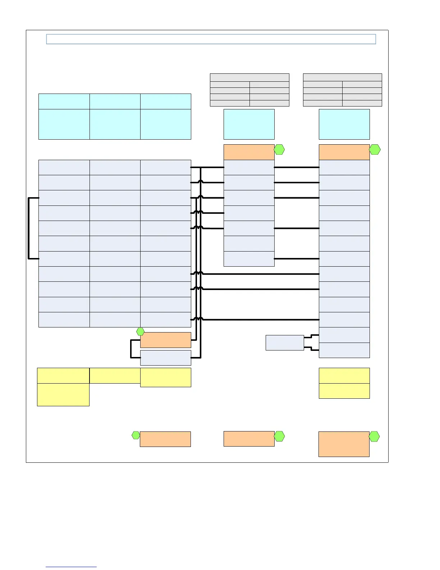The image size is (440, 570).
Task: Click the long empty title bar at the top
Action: pyautogui.click(x=211, y=39)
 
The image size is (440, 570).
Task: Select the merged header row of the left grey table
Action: pyautogui.click(x=249, y=77)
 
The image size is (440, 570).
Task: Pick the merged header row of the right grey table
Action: pyautogui.click(x=342, y=77)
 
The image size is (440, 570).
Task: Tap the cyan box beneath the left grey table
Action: pyautogui.click(x=249, y=124)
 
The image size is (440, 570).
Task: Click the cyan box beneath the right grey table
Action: pyautogui.click(x=344, y=124)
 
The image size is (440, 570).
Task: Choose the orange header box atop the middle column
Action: pyautogui.click(x=249, y=152)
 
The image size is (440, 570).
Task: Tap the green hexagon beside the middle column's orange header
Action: pyautogui.click(x=279, y=149)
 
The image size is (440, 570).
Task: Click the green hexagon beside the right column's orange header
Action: pyautogui.click(x=375, y=149)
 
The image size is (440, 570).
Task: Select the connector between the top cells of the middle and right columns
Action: pyautogui.click(x=297, y=167)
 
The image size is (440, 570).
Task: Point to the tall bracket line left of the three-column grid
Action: pyautogui.click(x=28, y=228)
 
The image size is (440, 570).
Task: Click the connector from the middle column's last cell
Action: pyautogui.click(x=297, y=259)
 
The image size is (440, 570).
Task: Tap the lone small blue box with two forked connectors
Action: pyautogui.click(x=285, y=343)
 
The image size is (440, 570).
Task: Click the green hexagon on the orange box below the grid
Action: pyautogui.click(x=141, y=332)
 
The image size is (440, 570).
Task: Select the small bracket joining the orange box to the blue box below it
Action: pyautogui.click(x=131, y=349)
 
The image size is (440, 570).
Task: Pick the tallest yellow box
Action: pyautogui.click(x=63, y=394)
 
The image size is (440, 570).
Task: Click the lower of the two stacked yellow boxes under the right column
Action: pyautogui.click(x=344, y=391)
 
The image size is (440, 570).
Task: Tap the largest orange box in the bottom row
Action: pyautogui.click(x=344, y=444)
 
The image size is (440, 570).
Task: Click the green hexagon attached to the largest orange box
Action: pyautogui.click(x=374, y=436)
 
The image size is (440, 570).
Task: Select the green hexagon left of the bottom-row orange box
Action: pyautogui.click(x=136, y=435)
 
